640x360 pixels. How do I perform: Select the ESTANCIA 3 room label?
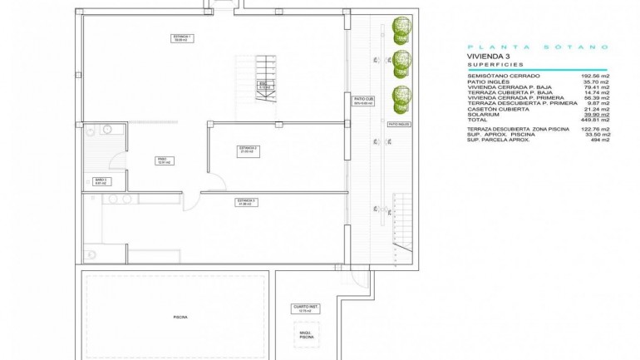pos(245,201)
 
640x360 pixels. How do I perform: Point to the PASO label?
pos(162,160)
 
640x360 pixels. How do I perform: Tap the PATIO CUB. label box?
pos(363,100)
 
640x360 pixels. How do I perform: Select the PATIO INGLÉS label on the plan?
pos(399,122)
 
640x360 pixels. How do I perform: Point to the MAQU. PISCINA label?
pos(307,336)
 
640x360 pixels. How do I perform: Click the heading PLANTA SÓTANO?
pos(538,47)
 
